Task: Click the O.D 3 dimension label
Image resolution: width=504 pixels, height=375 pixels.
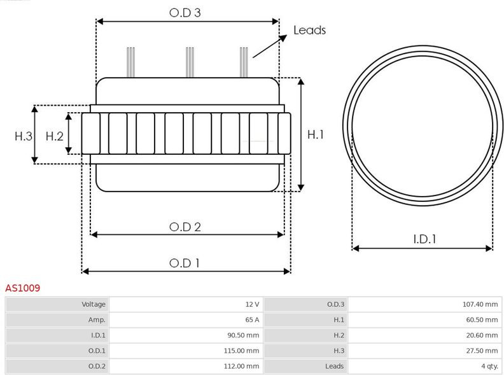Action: click(x=185, y=13)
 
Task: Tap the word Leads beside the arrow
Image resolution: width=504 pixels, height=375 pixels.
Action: click(x=309, y=30)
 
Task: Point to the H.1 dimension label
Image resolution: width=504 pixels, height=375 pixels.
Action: click(x=316, y=134)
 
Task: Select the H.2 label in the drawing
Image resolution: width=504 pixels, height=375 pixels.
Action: click(x=55, y=136)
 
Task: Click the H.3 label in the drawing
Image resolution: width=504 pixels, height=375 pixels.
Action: click(x=24, y=136)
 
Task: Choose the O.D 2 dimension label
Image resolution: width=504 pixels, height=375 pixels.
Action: click(x=185, y=227)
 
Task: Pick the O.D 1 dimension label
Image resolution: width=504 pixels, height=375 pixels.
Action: click(x=185, y=264)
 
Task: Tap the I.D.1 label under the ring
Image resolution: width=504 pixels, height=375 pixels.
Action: click(x=424, y=239)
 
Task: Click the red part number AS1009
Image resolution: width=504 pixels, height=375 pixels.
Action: click(x=22, y=288)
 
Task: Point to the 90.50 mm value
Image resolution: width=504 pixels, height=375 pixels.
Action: click(x=243, y=335)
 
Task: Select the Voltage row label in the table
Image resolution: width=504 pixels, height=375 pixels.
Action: click(x=94, y=304)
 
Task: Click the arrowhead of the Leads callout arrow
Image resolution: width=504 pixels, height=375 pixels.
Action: click(x=283, y=38)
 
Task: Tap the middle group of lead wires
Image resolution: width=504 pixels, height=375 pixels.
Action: click(x=190, y=62)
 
